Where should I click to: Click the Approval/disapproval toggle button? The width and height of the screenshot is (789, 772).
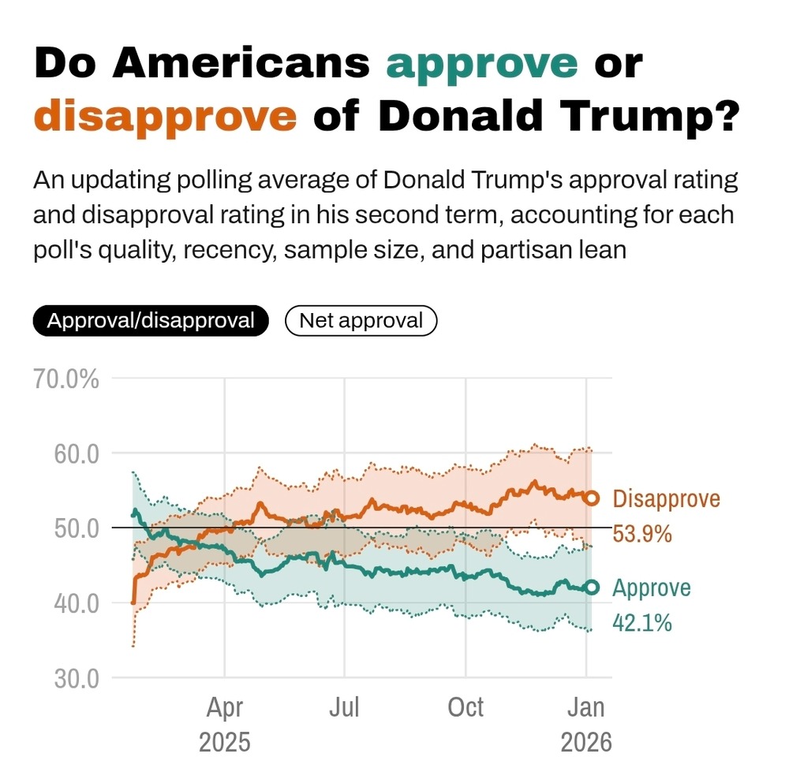[151, 321]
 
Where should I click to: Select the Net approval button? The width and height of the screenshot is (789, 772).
[361, 321]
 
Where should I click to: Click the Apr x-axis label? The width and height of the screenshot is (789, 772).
[225, 707]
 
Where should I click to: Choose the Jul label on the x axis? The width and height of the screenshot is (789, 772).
[345, 707]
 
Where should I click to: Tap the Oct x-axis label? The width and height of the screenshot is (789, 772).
[466, 707]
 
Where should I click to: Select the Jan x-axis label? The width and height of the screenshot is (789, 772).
[586, 707]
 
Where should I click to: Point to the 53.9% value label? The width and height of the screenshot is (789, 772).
[642, 534]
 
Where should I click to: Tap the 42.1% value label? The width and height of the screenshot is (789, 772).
[642, 623]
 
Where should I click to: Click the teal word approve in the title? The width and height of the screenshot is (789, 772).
[481, 63]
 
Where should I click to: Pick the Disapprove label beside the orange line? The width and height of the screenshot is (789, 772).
[666, 498]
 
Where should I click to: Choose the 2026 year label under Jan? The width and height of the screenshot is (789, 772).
[586, 742]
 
